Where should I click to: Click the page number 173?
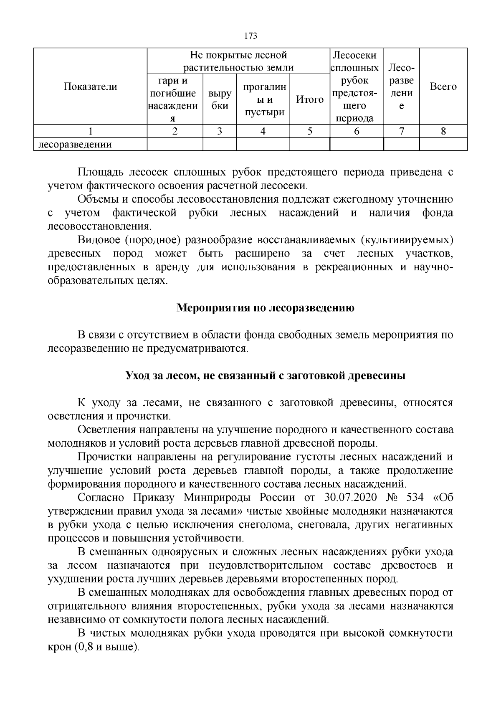(x=250, y=36)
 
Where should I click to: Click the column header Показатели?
(x=90, y=86)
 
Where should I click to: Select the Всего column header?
(x=443, y=86)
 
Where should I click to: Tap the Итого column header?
(x=309, y=99)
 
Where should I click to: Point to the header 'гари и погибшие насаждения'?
(x=175, y=99)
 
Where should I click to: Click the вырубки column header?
(x=220, y=99)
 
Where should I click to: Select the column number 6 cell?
(x=357, y=131)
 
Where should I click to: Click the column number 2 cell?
(x=175, y=131)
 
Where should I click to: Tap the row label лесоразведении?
(x=75, y=145)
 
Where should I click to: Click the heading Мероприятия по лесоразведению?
(x=266, y=308)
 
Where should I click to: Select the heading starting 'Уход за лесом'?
(x=266, y=376)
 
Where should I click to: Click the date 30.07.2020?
(x=350, y=498)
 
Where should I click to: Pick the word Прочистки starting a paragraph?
(x=104, y=457)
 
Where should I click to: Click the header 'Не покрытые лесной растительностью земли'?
(x=238, y=61)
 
